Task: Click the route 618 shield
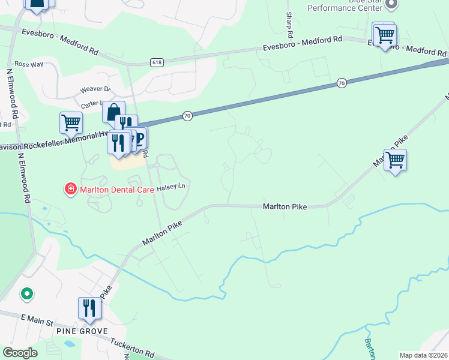[157, 62]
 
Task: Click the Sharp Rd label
[289, 23]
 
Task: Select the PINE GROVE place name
[82, 331]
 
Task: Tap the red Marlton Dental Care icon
[70, 190]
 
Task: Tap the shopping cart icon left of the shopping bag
[71, 123]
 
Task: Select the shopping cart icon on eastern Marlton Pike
[395, 160]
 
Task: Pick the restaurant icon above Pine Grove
[89, 308]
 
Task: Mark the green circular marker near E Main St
[26, 294]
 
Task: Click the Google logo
[20, 353]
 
